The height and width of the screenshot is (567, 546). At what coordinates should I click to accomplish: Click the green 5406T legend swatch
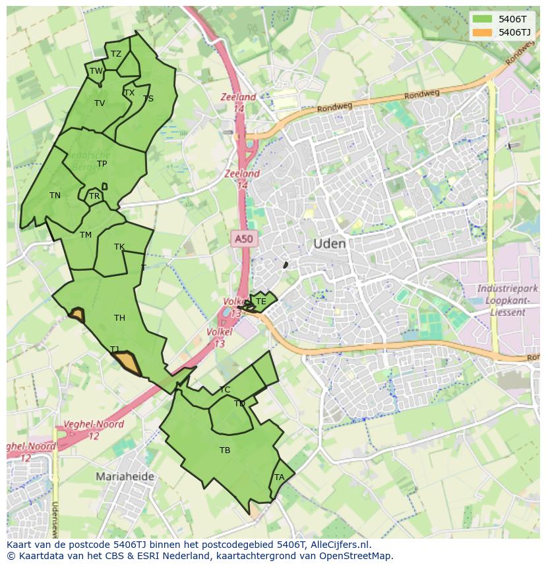(483, 19)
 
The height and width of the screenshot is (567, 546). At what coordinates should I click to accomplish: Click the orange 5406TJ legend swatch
(483, 32)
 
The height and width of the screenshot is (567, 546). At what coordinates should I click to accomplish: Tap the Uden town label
(329, 244)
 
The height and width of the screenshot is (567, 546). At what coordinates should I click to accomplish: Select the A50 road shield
(243, 238)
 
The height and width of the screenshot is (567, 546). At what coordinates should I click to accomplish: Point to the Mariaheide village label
(125, 476)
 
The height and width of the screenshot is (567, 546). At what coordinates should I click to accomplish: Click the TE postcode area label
(260, 302)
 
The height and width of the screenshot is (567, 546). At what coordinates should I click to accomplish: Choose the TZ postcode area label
(116, 54)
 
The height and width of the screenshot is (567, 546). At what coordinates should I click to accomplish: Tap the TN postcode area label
(55, 196)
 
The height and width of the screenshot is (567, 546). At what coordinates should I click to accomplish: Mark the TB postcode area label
(225, 450)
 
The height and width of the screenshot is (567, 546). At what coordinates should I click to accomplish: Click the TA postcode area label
(279, 477)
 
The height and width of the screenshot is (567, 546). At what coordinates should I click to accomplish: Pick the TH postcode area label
(119, 318)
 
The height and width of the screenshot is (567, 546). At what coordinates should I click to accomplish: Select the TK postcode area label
(119, 247)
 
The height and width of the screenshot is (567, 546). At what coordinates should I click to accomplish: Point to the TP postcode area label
(102, 164)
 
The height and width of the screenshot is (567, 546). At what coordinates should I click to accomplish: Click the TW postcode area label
(96, 71)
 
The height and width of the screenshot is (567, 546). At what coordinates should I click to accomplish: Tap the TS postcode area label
(148, 99)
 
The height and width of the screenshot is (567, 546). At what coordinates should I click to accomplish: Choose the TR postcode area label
(94, 196)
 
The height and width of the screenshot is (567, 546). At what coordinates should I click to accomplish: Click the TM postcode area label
(86, 235)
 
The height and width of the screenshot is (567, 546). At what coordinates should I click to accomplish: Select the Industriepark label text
(507, 288)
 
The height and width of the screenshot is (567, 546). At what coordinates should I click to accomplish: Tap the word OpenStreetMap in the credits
(357, 556)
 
